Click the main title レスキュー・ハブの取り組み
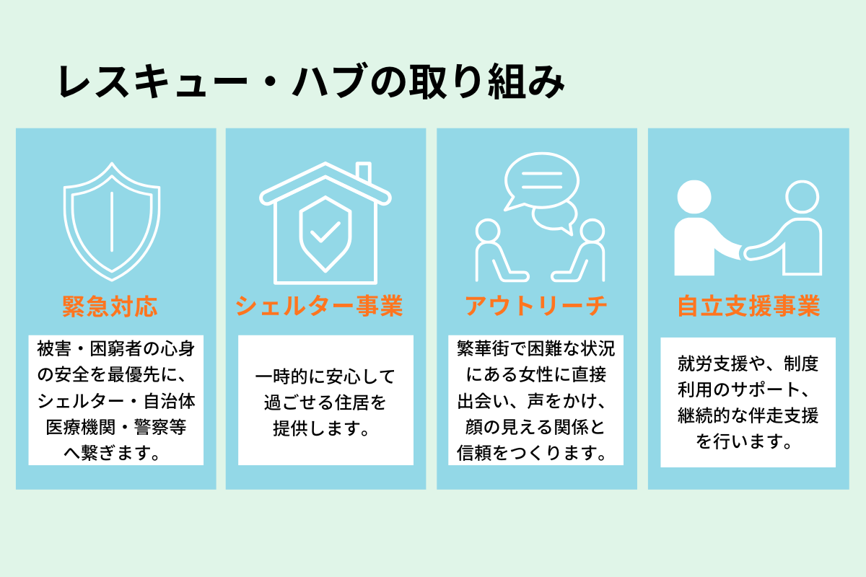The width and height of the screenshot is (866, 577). pos(310,83)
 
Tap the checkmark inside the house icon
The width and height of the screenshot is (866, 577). pos(325,232)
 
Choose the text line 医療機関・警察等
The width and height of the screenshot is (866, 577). pos(115,428)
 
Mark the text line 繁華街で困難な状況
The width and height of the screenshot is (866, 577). pos(536,348)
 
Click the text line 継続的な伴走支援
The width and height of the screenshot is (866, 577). pos(748,416)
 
